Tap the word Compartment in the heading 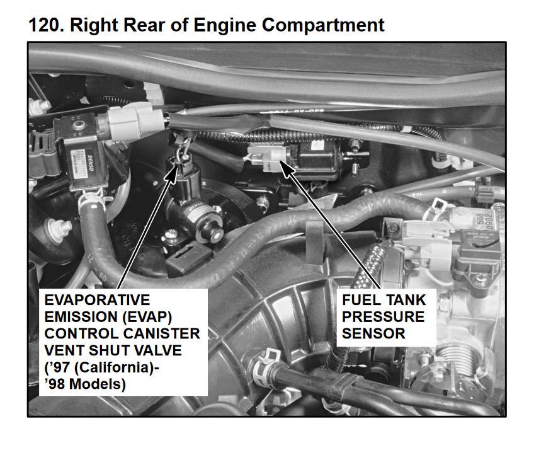pos(323,26)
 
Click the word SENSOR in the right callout pos(373,333)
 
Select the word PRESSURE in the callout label pos(383,317)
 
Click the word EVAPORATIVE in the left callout pos(97,300)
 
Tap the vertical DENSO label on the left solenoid pos(90,163)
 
